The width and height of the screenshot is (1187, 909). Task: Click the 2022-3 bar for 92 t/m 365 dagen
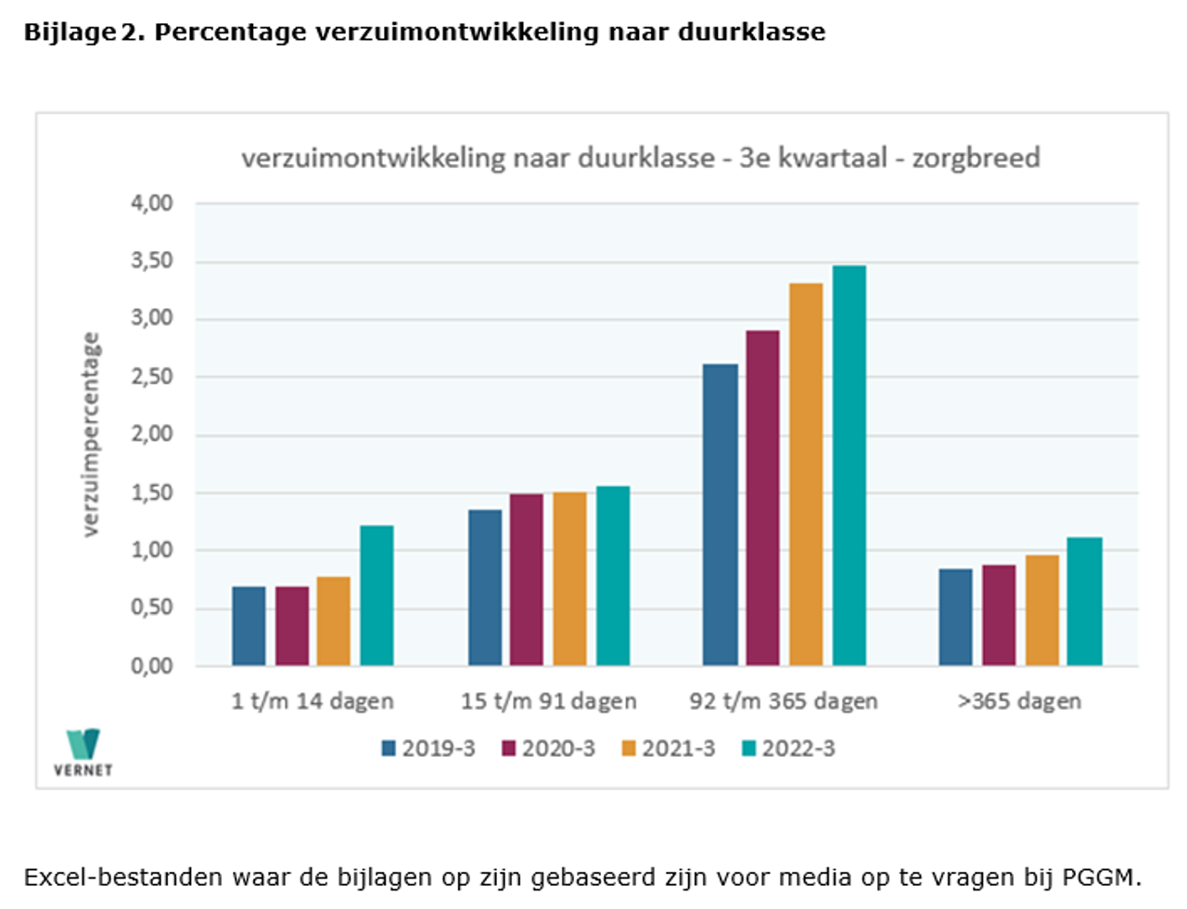pyautogui.click(x=849, y=466)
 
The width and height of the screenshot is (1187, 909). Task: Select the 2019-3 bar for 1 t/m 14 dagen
pyautogui.click(x=249, y=626)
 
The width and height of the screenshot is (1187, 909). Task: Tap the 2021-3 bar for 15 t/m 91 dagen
pyautogui.click(x=569, y=579)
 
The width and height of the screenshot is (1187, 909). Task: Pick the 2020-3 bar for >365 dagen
pyautogui.click(x=999, y=615)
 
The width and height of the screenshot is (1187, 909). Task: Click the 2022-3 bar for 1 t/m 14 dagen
pyautogui.click(x=377, y=595)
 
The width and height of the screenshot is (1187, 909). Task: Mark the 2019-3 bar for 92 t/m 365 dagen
pyautogui.click(x=721, y=515)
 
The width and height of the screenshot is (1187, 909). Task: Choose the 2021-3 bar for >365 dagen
pyautogui.click(x=1042, y=610)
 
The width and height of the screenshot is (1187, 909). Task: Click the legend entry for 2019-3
pyautogui.click(x=428, y=749)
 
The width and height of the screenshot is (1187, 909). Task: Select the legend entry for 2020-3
pyautogui.click(x=548, y=749)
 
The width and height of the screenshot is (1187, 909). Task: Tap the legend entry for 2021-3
pyautogui.click(x=668, y=749)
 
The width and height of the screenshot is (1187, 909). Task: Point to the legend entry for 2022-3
pyautogui.click(x=788, y=749)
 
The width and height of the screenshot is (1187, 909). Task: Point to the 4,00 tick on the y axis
pyautogui.click(x=151, y=203)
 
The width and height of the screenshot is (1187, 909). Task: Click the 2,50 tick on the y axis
pyautogui.click(x=151, y=377)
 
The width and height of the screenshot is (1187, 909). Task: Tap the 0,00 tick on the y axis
pyautogui.click(x=151, y=666)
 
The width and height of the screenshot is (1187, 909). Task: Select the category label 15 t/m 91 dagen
pyautogui.click(x=548, y=701)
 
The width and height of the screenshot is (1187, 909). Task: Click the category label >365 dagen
pyautogui.click(x=1019, y=701)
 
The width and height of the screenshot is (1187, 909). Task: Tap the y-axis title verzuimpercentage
pyautogui.click(x=90, y=434)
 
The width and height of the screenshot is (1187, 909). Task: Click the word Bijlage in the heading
pyautogui.click(x=70, y=32)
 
